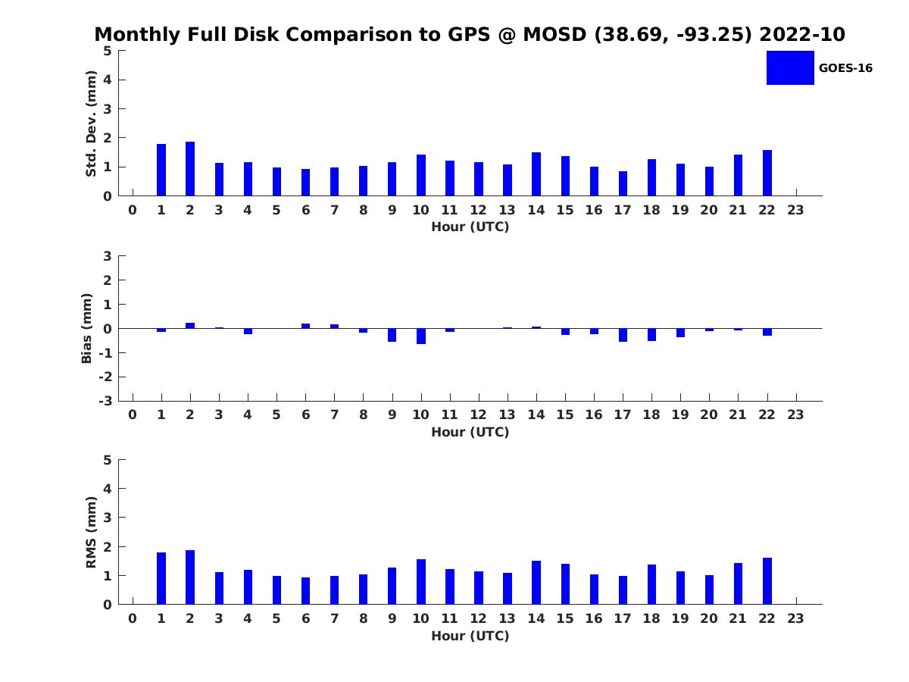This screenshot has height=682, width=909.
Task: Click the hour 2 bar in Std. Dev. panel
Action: [x=190, y=169]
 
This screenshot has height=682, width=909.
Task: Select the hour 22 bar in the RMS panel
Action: [x=767, y=581]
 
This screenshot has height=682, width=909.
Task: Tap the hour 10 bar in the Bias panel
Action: [x=421, y=336]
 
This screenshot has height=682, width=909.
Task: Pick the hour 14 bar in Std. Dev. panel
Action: [x=536, y=174]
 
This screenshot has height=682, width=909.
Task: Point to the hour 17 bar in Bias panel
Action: [x=623, y=335]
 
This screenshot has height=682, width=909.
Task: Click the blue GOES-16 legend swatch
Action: [x=790, y=67]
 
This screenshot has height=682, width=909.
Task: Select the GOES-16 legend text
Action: [x=845, y=68]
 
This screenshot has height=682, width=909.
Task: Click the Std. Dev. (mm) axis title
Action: [x=91, y=124]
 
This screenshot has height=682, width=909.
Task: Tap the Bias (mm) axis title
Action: [x=87, y=328]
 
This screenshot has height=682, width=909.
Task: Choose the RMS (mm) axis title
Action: [x=91, y=532]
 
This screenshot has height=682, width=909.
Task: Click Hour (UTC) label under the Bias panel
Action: [x=470, y=432]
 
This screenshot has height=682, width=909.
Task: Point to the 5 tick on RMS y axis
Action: [x=108, y=460]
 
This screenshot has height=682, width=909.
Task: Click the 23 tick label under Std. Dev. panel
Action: [x=795, y=211]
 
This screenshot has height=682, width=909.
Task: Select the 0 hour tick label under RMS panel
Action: [x=133, y=619]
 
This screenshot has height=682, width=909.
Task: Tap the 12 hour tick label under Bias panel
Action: [x=479, y=415]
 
